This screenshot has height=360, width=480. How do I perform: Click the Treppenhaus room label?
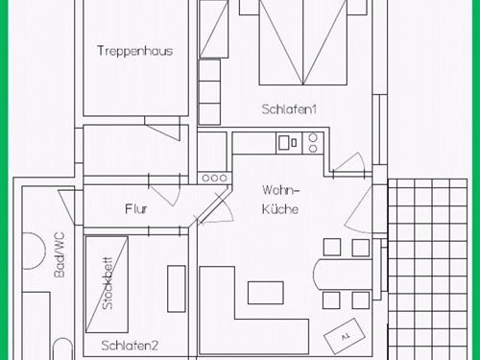tap(134, 51)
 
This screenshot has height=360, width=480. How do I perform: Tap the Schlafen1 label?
tap(289, 109)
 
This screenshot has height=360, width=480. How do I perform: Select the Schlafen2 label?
tap(130, 346)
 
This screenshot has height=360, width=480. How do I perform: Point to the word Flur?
tap(136, 209)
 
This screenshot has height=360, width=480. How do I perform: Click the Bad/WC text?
tap(60, 254)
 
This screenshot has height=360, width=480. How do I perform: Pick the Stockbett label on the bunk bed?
tap(108, 283)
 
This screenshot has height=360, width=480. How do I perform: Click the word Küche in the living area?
tap(280, 209)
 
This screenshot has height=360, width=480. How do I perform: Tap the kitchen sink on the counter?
tap(288, 143)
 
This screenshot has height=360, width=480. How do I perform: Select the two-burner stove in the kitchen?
tap(313, 143)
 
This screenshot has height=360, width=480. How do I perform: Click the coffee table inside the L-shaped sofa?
tap(266, 293)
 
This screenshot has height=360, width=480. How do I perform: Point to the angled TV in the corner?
tap(345, 336)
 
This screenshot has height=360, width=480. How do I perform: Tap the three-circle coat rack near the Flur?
tap(214, 178)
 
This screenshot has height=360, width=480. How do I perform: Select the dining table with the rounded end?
tap(343, 275)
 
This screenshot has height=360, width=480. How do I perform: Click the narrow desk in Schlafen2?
tap(177, 289)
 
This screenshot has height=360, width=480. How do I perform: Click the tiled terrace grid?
tap(427, 270)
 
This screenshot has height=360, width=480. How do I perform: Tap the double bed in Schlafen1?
tap(303, 42)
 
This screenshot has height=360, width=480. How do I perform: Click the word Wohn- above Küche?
tap(280, 190)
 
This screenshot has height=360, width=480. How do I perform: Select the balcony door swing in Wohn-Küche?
tap(357, 210)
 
